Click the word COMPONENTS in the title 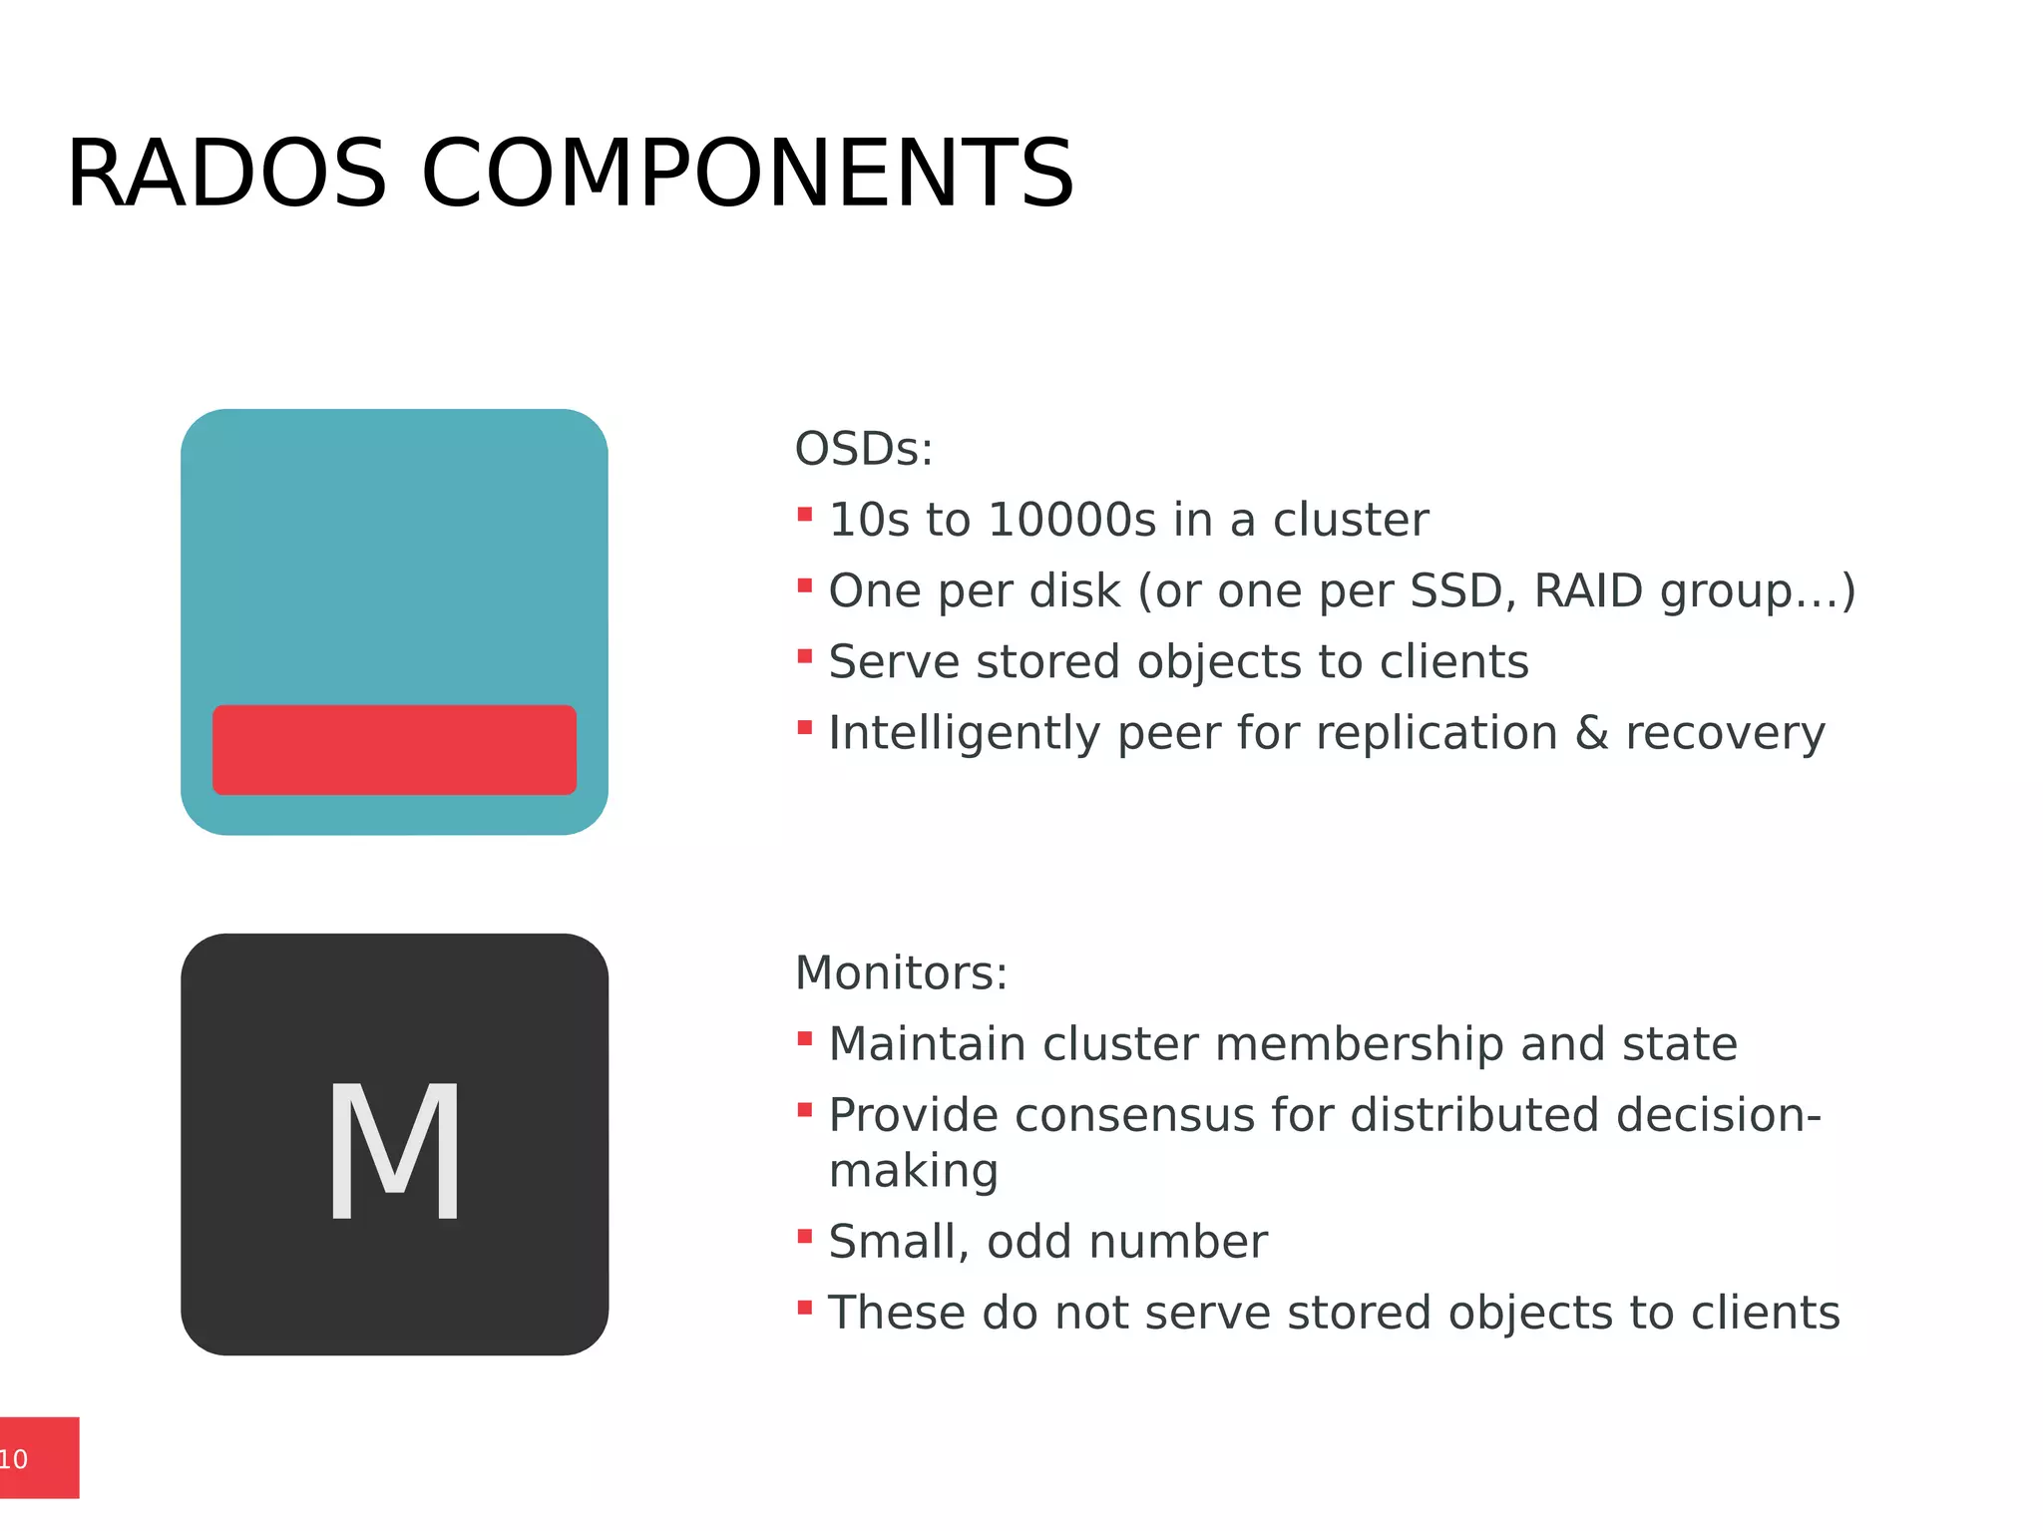[747, 174]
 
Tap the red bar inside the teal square [394, 750]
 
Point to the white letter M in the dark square [395, 1151]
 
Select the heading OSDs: [864, 449]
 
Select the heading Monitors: [901, 972]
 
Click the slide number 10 [14, 1459]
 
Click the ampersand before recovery [1591, 733]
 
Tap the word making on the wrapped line [914, 1172]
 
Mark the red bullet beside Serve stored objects [805, 656]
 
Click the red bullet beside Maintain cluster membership [805, 1039]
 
